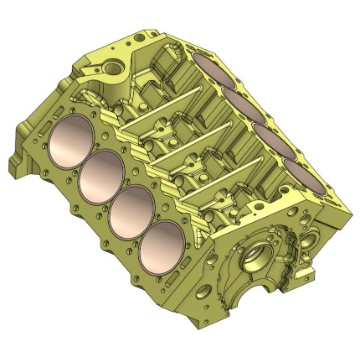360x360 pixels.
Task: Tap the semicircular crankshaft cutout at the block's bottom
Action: click(240, 300)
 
